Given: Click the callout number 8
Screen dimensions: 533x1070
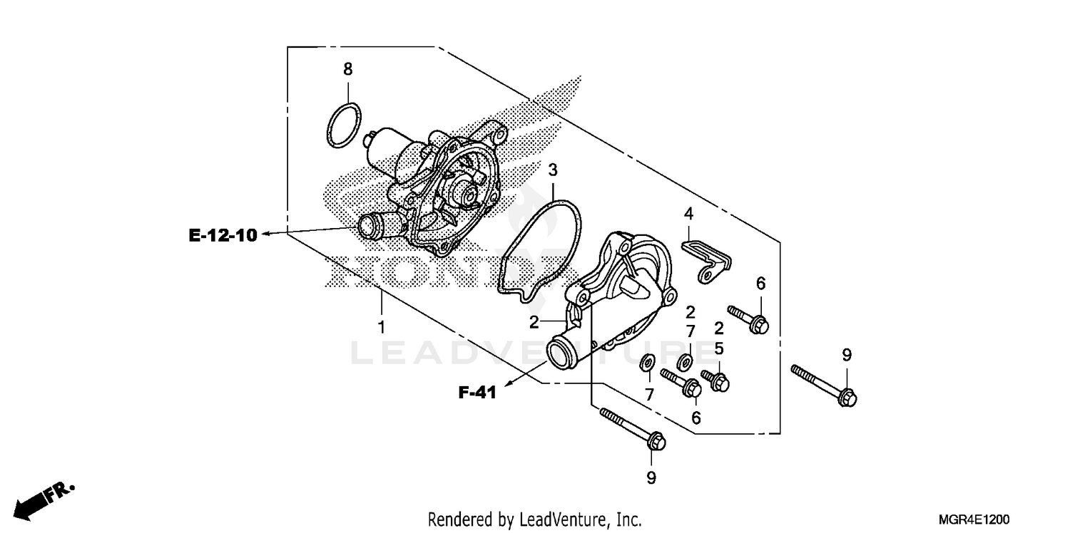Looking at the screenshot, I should (347, 69).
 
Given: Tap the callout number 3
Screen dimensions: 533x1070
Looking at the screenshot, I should (553, 170).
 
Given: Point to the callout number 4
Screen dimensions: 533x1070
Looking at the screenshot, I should (688, 213).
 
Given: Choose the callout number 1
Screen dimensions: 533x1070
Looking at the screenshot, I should (382, 327).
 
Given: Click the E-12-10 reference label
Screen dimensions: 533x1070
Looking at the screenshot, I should (223, 235).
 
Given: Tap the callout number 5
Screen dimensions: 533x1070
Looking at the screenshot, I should (719, 348).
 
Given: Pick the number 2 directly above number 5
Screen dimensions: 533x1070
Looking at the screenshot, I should (719, 328).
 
